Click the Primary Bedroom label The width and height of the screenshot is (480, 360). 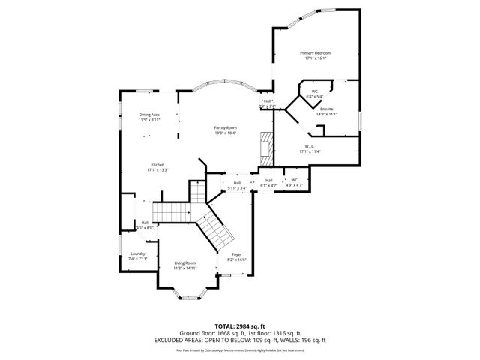tap(316, 53)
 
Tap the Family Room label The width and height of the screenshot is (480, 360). tap(225, 127)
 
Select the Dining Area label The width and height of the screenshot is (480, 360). tap(149, 114)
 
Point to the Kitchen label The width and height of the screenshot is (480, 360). tap(157, 165)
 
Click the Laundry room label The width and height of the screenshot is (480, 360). tap(137, 253)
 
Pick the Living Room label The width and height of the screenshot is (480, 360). tap(185, 262)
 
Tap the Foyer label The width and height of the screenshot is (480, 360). tap(236, 254)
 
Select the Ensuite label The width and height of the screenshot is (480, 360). tap(327, 109)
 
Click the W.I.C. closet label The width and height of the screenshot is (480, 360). tap(309, 146)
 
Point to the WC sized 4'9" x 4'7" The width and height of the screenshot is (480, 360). tap(295, 180)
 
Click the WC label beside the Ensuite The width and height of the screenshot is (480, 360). tap(315, 91)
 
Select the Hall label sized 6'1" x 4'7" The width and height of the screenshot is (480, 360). tap(268, 180)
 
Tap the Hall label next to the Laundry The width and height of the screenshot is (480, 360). tap(145, 222)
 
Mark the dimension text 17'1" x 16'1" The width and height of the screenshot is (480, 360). tap(316, 58)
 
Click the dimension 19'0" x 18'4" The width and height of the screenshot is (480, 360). tap(225, 133)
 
